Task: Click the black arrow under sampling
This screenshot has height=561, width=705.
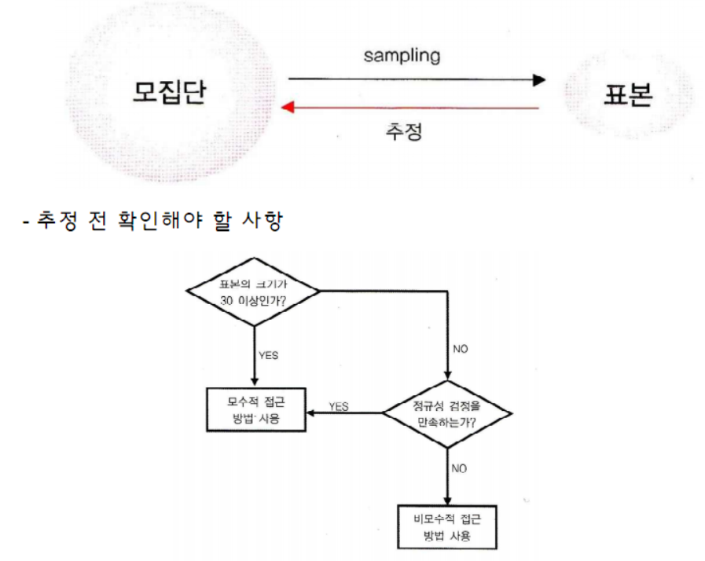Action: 416,79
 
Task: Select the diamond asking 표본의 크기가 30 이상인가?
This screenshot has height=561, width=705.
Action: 252,291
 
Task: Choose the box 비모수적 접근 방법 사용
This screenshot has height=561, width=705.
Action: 446,528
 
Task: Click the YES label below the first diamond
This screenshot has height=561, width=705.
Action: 269,354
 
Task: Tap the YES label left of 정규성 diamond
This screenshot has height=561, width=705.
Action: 339,406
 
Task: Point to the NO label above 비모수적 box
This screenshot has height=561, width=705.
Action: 461,468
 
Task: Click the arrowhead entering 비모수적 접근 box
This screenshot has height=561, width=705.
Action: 446,501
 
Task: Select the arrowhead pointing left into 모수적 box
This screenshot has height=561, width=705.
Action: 310,412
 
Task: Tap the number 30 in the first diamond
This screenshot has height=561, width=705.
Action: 229,299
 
